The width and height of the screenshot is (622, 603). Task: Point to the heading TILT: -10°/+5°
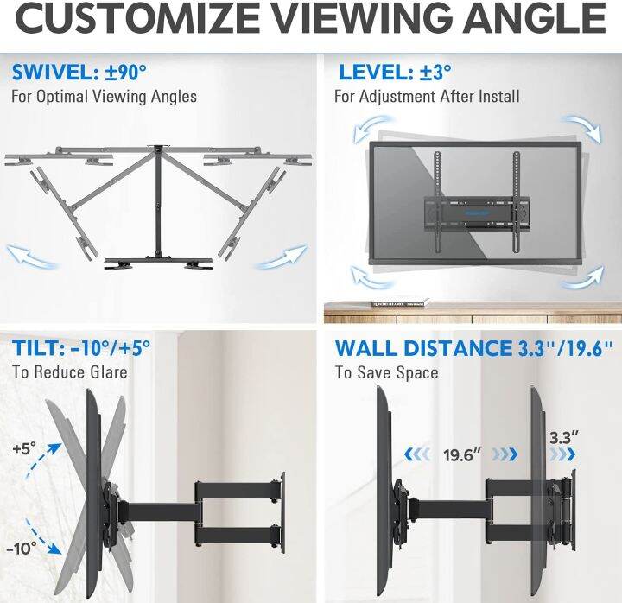81,348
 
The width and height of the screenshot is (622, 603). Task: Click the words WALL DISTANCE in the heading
423,348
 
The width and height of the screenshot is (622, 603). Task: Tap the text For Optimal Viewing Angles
104,96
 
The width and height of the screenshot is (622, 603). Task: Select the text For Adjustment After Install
427,96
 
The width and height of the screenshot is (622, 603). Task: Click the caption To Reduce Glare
69,372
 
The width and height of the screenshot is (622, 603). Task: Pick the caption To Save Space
386,372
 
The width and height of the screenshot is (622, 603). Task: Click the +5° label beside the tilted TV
24,449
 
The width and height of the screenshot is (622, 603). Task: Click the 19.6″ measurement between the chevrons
462,455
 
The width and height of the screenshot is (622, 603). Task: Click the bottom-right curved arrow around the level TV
581,279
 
